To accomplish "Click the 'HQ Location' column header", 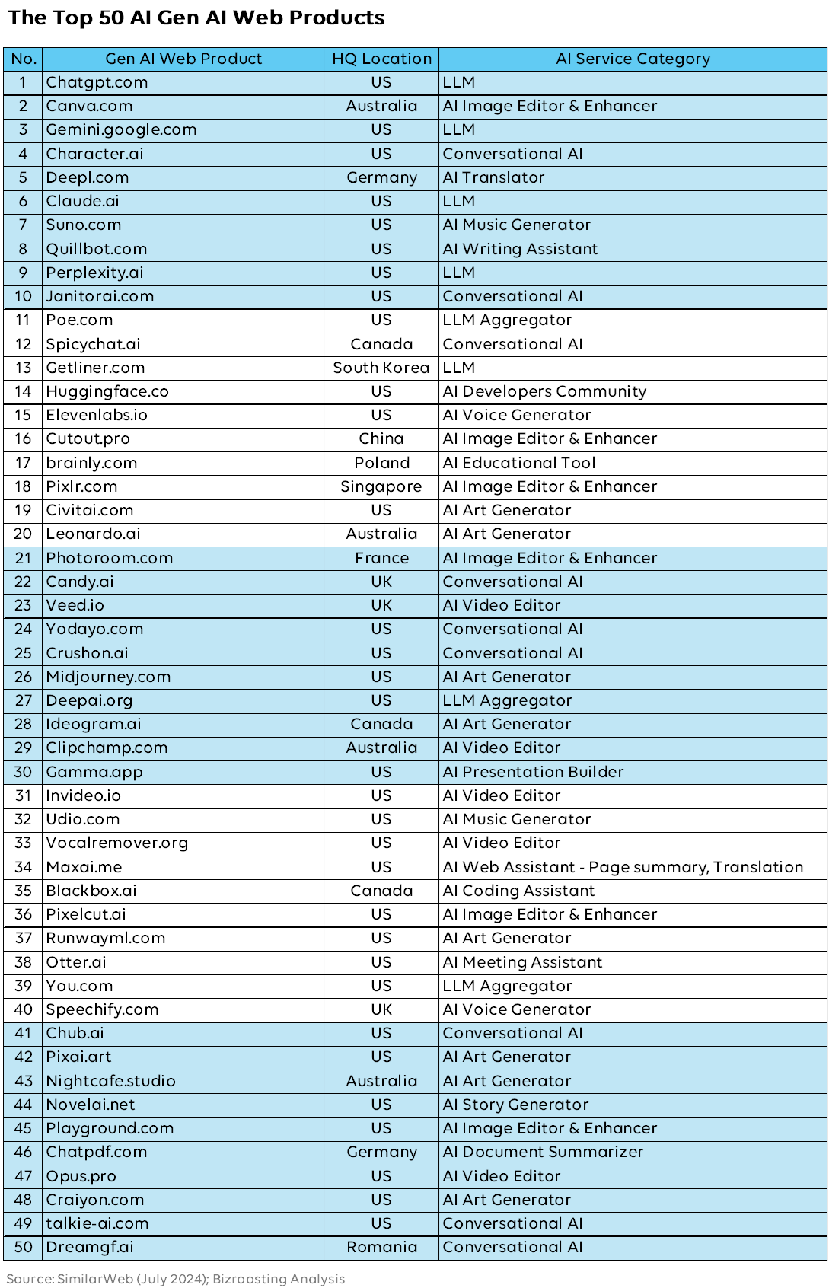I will (381, 59).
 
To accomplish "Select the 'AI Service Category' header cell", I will (633, 59).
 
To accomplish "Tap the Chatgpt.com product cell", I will (97, 82).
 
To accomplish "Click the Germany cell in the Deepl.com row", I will (381, 177).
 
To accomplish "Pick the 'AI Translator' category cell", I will (493, 177).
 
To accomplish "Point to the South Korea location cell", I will (381, 368).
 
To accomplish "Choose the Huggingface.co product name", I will (107, 391).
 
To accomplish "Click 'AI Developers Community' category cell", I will (544, 391).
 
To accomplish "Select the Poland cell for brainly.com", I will (381, 463).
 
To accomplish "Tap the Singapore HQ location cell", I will (381, 486).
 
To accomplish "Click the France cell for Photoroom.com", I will (381, 558).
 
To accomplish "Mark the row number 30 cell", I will (23, 772).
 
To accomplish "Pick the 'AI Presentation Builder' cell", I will (533, 772).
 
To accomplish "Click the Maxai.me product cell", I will (84, 867).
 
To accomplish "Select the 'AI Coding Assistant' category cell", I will (518, 891).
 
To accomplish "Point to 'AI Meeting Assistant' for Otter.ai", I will (522, 962).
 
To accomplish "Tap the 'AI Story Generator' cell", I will (515, 1105).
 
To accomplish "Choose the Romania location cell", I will (381, 1247).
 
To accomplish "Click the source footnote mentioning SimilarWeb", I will (176, 1279).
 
